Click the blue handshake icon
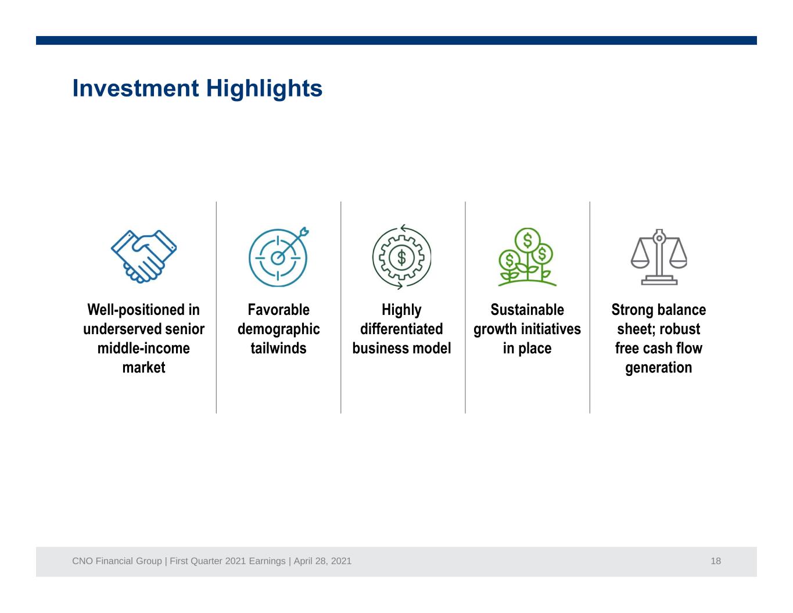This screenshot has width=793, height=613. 143,256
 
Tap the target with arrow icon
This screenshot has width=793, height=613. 278,257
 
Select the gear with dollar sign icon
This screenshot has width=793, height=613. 401,257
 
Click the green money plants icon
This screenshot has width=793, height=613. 527,257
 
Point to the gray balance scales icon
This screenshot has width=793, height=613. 659,257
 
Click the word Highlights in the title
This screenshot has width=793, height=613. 264,89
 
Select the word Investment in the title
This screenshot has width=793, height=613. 136,89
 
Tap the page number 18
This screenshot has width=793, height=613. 716,561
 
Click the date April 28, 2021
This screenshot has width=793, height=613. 322,561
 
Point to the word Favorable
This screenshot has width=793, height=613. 278,310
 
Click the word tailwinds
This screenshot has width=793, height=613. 278,348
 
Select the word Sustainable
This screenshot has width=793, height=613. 527,310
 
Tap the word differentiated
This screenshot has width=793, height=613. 401,329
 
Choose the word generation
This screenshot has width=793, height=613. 659,368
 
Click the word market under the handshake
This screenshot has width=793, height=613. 143,367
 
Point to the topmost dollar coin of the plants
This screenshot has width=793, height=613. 528,240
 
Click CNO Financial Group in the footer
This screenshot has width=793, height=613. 117,561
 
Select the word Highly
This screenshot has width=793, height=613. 401,310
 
